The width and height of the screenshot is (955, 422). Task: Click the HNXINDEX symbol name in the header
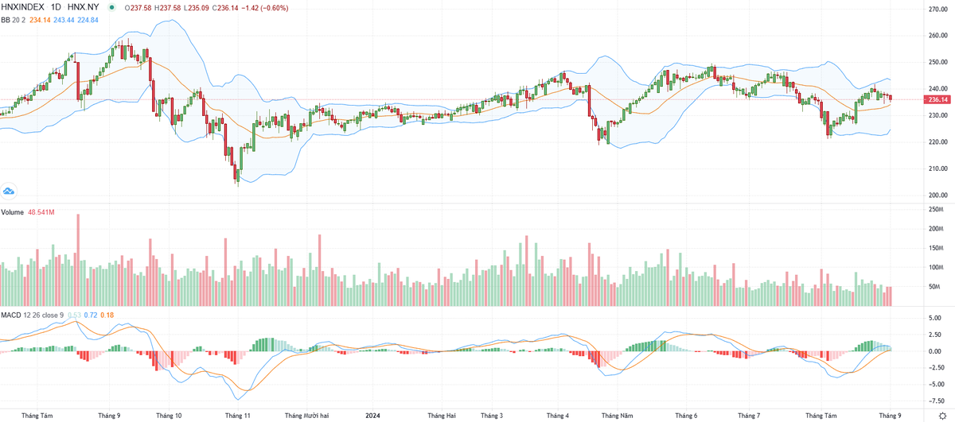(x=23, y=7)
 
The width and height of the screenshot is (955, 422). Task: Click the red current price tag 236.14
(x=937, y=99)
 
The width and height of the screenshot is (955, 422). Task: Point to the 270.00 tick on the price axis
(x=936, y=9)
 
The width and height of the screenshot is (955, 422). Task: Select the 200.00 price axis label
(x=936, y=195)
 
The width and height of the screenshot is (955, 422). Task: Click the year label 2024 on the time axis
(x=375, y=415)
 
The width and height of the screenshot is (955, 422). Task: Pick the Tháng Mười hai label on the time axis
(x=306, y=415)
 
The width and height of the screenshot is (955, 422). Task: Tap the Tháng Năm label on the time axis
(x=617, y=415)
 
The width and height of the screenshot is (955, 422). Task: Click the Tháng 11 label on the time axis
(x=238, y=415)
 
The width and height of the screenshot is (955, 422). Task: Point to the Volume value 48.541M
(x=42, y=212)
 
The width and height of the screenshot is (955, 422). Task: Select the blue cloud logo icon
(x=10, y=191)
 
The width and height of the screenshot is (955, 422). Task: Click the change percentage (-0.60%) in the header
(x=275, y=7)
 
